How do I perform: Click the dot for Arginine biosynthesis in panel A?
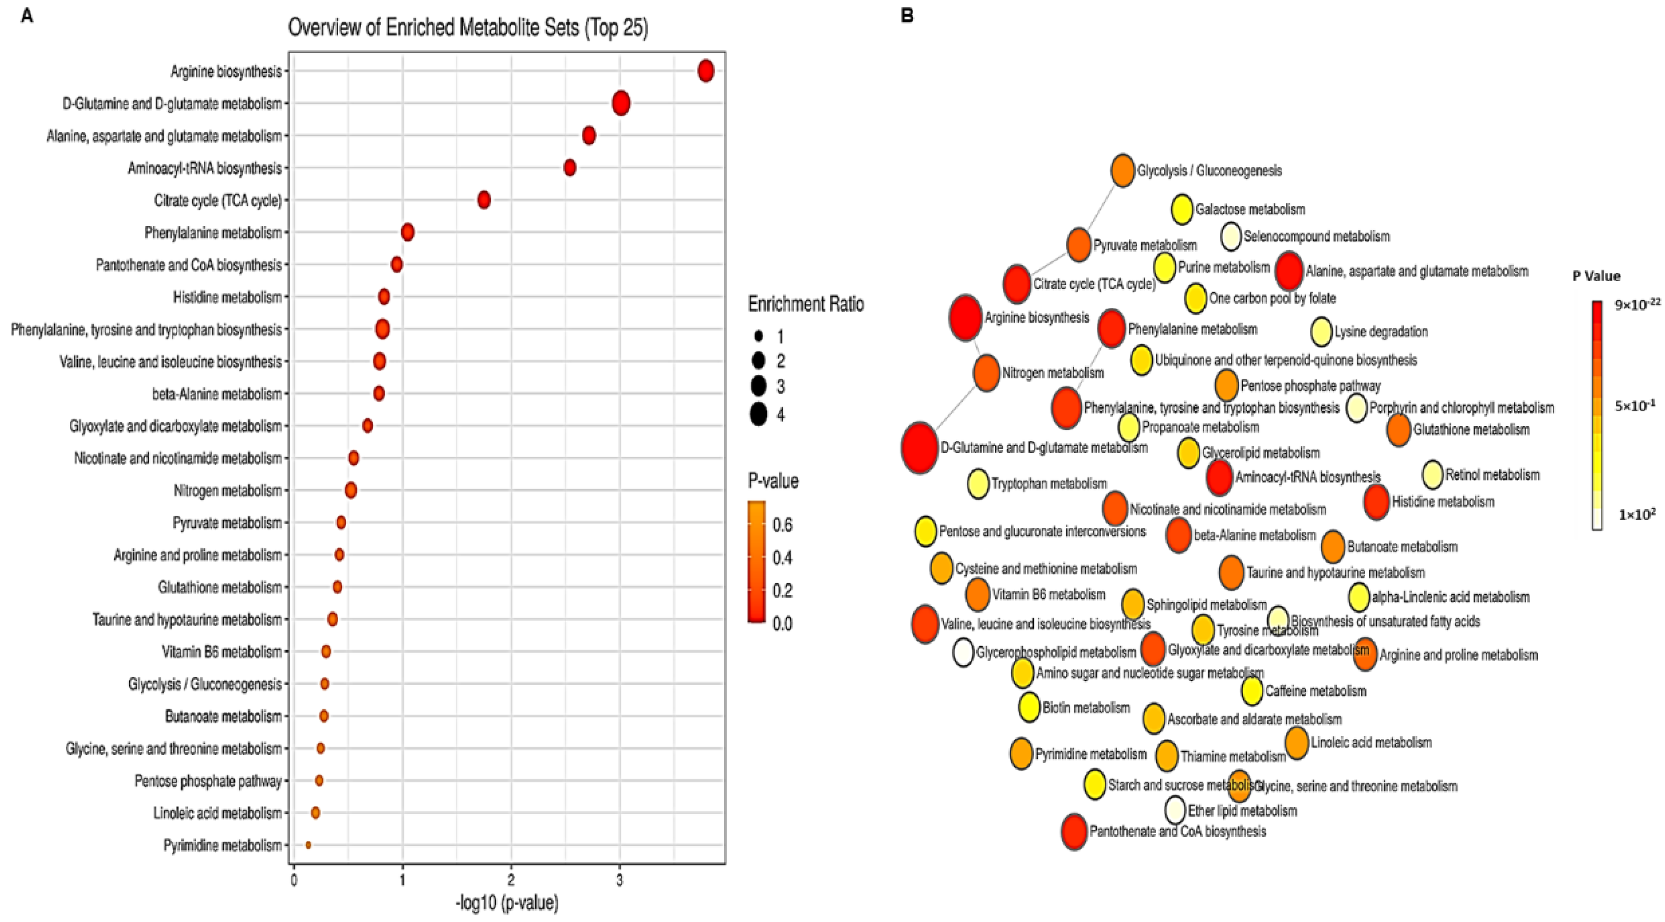coord(706,70)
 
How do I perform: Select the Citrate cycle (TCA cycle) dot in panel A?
coord(483,200)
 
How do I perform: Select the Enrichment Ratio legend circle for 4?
coord(758,414)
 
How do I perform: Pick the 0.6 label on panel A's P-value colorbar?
coord(782,525)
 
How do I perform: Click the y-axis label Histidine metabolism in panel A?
coord(227,297)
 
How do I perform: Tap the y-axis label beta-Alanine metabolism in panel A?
coord(217,394)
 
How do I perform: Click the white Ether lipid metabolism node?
coord(1175,810)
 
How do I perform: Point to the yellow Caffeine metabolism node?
coord(1252,691)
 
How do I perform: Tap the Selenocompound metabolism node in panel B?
coord(1231,236)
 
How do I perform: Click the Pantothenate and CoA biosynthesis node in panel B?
coord(1074,831)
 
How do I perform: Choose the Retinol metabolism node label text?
coord(1492,475)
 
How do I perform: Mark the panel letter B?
coord(907,16)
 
